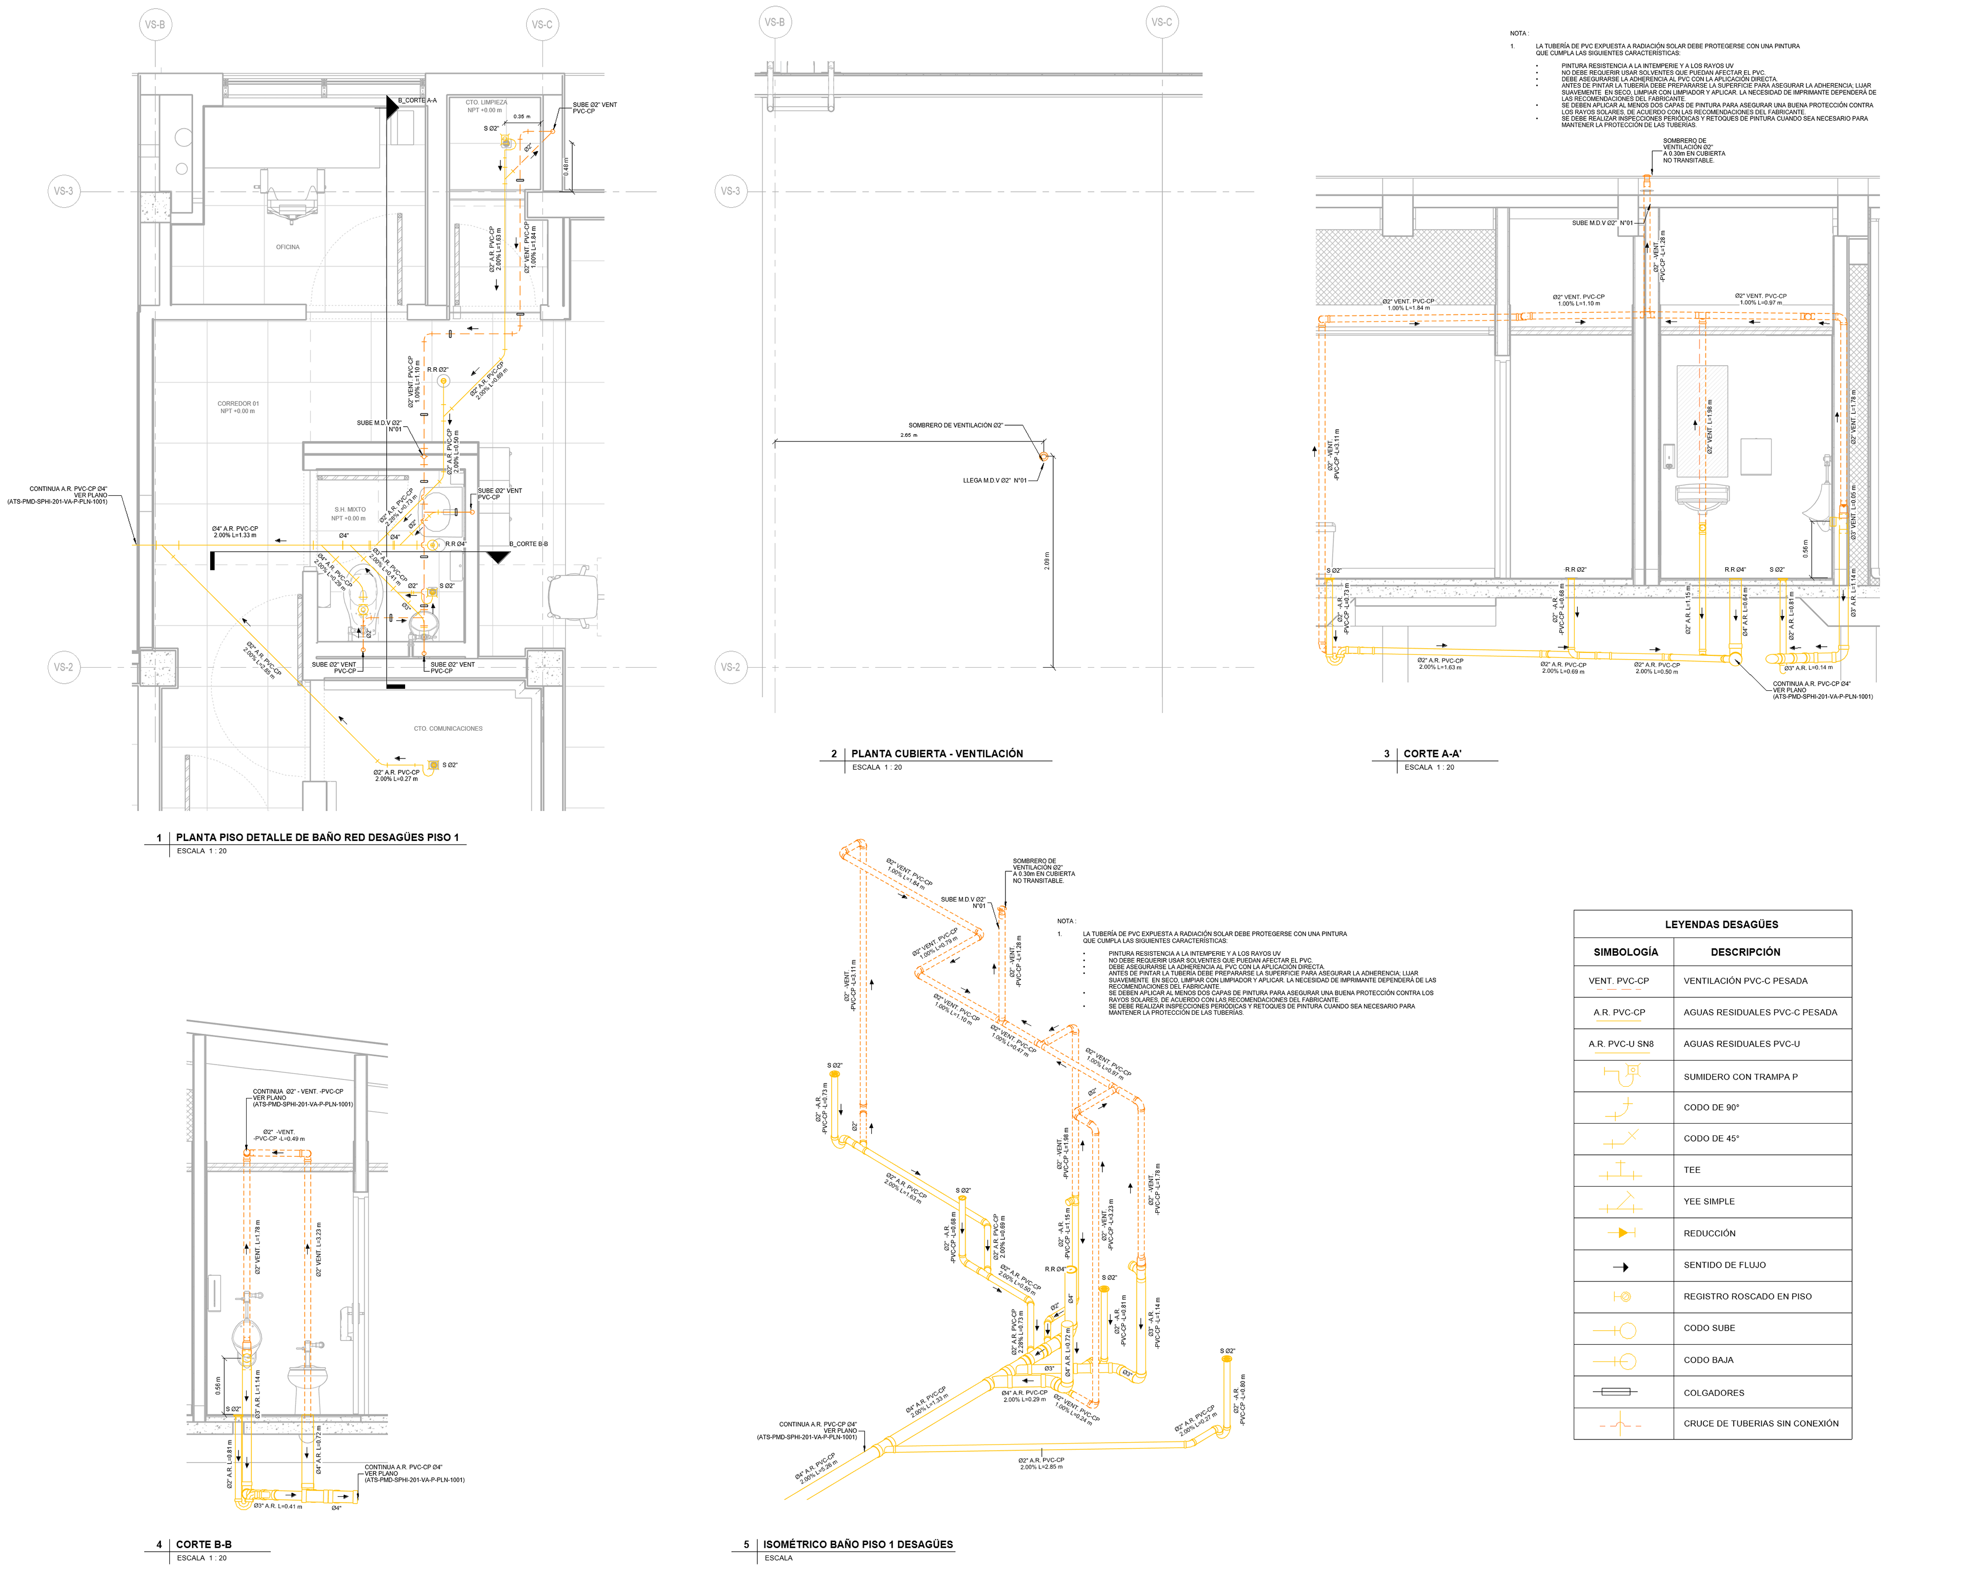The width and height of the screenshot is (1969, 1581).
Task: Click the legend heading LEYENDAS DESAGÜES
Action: pos(1721,924)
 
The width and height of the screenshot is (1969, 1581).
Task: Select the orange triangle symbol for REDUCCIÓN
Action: pos(1622,1233)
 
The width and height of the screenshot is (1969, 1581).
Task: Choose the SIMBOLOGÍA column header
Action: pos(1625,952)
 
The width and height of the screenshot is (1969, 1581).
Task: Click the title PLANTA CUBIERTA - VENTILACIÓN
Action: pos(937,753)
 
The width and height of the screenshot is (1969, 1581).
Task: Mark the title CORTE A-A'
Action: pos(1432,753)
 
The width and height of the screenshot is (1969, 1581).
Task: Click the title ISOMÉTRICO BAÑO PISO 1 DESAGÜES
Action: pos(857,1545)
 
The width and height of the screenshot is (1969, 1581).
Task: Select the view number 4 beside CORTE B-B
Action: pos(159,1545)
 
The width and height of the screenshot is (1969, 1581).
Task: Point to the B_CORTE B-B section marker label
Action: pos(529,545)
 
